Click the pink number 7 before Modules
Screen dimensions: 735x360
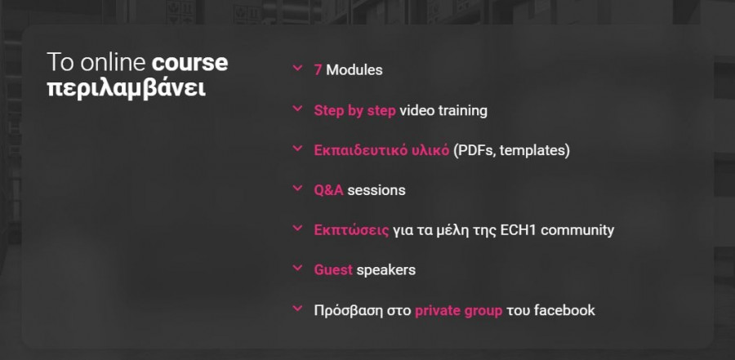coord(318,70)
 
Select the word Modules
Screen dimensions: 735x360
coord(354,70)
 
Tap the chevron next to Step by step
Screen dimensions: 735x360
coord(297,109)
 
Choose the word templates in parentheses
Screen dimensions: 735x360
coord(535,151)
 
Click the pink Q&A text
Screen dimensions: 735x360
coord(328,190)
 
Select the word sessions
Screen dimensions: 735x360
coord(376,190)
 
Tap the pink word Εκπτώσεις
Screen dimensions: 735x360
coord(351,231)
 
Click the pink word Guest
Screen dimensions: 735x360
coord(333,270)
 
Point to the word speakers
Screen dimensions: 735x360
coord(385,271)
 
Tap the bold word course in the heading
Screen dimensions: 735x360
coord(189,64)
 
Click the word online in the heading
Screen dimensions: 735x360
coord(114,63)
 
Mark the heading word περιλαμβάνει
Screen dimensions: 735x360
coord(127,89)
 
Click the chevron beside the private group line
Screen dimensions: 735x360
coord(297,309)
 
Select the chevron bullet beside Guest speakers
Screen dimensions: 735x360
coord(297,268)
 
